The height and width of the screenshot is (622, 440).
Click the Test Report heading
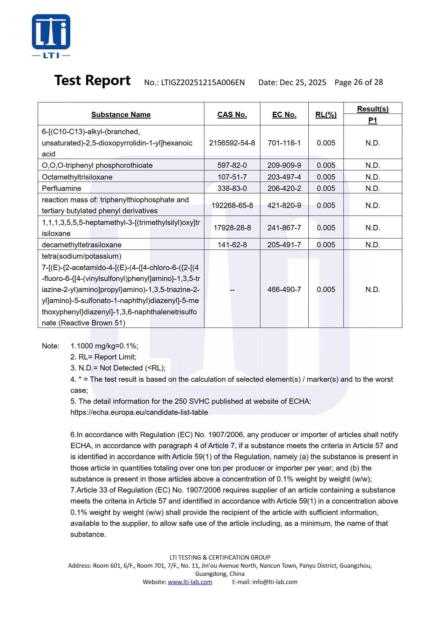[92, 81]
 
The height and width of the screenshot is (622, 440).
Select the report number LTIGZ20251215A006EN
[203, 83]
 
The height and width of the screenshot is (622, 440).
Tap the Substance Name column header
[121, 115]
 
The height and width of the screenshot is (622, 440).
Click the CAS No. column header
[232, 115]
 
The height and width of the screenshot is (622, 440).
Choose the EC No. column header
[284, 115]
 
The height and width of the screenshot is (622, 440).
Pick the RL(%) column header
[326, 115]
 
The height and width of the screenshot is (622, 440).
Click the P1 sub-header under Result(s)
[373, 120]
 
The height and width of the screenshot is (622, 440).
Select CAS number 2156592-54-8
[232, 143]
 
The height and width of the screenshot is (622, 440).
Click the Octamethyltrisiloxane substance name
[77, 177]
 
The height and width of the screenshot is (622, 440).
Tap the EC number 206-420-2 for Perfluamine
[284, 188]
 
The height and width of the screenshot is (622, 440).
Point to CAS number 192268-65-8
[232, 205]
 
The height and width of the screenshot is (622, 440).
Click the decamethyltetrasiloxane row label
[82, 245]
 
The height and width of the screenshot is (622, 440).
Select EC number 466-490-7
[284, 290]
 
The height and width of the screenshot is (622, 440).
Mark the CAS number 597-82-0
[232, 165]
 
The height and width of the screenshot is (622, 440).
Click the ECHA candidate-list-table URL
[139, 412]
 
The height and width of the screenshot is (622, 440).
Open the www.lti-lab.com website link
[190, 582]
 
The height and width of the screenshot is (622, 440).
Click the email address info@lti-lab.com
[275, 582]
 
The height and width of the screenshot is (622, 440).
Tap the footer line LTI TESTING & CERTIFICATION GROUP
[220, 557]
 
